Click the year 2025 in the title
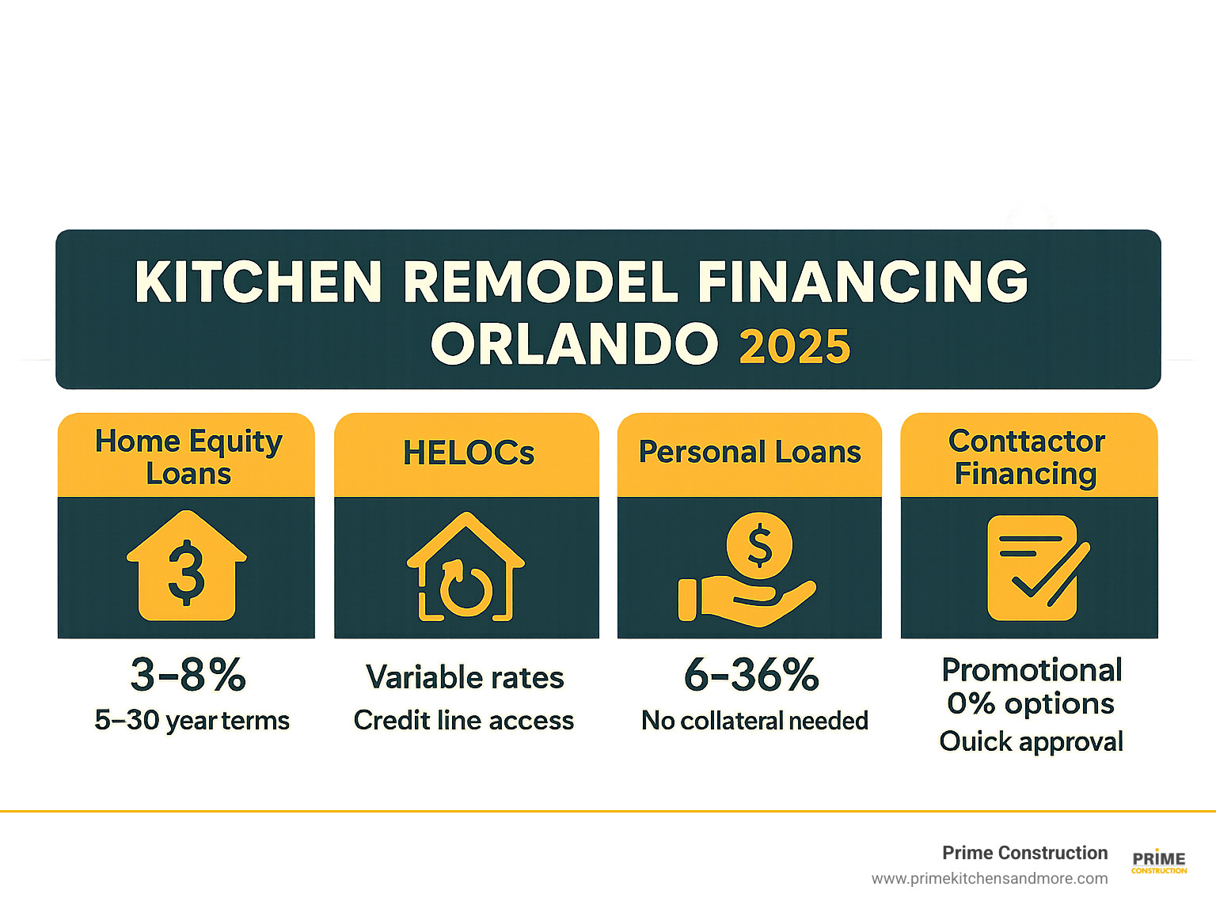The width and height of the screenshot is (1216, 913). click(x=794, y=347)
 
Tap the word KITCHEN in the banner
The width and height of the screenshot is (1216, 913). click(x=258, y=282)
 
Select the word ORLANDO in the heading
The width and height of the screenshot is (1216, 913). click(x=575, y=344)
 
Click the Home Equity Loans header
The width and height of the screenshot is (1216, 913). click(x=188, y=457)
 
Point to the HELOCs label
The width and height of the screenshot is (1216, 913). click(x=468, y=453)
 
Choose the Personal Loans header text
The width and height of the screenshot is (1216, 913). click(x=750, y=452)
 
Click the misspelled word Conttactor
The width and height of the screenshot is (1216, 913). click(x=1027, y=441)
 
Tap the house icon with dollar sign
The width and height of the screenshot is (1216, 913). click(x=187, y=565)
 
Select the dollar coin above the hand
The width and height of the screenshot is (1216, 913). click(x=759, y=545)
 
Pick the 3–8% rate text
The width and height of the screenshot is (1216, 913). click(x=188, y=675)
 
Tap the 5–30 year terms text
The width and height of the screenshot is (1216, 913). click(x=192, y=720)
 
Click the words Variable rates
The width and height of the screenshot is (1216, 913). click(x=465, y=677)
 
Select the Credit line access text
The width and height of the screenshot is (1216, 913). click(x=464, y=720)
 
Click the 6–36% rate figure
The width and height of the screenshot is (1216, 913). click(x=751, y=675)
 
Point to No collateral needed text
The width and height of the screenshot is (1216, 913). click(x=754, y=721)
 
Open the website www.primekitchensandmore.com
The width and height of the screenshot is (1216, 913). click(x=990, y=879)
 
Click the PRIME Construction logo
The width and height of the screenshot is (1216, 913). click(x=1159, y=862)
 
